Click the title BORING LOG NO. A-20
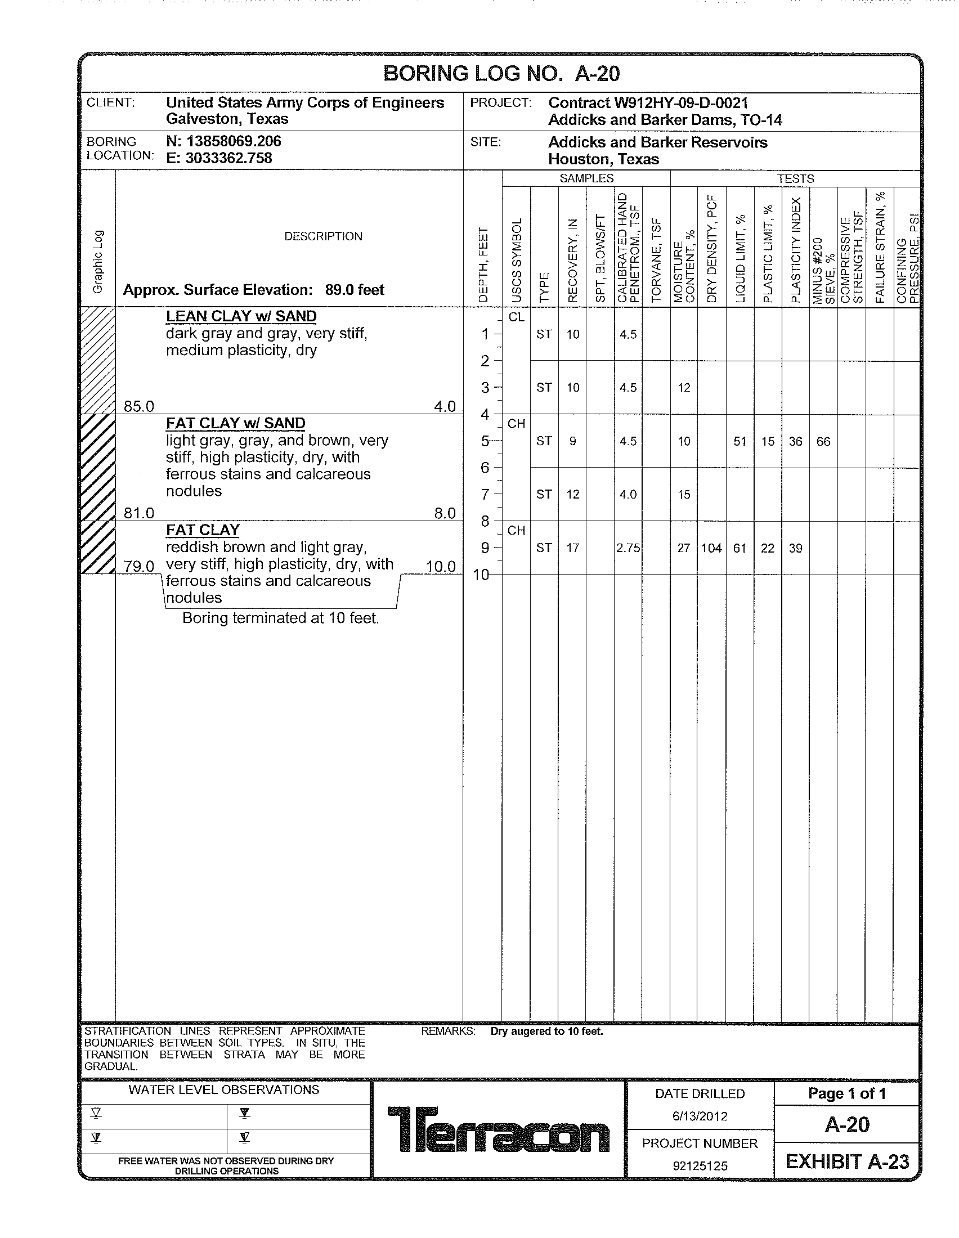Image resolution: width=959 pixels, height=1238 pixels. [x=501, y=74]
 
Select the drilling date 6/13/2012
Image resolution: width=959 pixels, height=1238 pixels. [x=700, y=1116]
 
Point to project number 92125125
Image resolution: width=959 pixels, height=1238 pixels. [x=700, y=1166]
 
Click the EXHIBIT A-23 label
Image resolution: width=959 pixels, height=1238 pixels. [x=847, y=1162]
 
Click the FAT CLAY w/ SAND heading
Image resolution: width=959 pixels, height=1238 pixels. [x=235, y=423]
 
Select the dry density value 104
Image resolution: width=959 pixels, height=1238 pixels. [x=711, y=548]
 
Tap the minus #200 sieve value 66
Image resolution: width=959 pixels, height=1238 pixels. [x=823, y=442]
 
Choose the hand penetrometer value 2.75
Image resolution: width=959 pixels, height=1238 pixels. [x=628, y=548]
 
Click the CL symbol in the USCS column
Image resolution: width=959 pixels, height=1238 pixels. [x=516, y=317]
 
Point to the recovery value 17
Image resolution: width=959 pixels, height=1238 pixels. [x=572, y=548]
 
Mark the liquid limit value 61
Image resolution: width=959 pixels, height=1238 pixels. [x=740, y=548]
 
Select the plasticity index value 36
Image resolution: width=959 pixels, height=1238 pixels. [x=795, y=442]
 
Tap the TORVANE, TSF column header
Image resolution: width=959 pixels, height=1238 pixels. [x=656, y=260]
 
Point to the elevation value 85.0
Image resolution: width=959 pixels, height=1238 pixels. [x=139, y=406]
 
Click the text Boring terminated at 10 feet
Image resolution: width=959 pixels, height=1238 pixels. [x=281, y=618]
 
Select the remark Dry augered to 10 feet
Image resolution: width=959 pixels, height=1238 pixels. [x=546, y=1031]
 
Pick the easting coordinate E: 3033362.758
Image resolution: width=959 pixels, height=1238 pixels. [x=219, y=158]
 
